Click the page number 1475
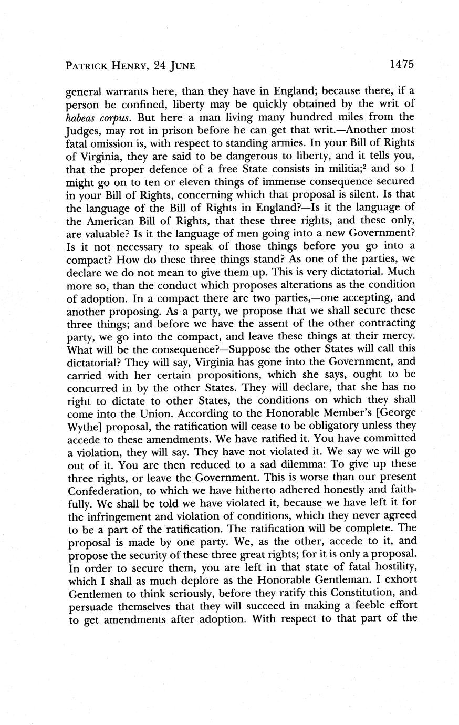[x=402, y=65]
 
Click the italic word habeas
[x=84, y=117]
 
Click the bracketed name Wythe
[x=86, y=426]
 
